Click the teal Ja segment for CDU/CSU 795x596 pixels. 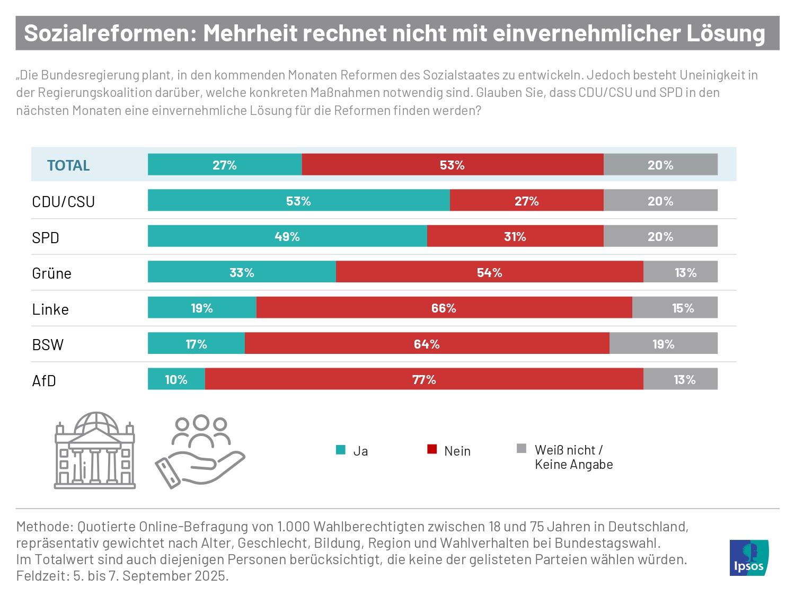pyautogui.click(x=298, y=200)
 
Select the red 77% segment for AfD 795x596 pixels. pyautogui.click(x=424, y=379)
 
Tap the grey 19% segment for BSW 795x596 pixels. pyautogui.click(x=663, y=343)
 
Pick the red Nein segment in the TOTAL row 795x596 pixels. pyautogui.click(x=452, y=165)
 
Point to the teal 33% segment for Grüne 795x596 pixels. pyautogui.click(x=242, y=272)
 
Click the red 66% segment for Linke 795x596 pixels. pyautogui.click(x=444, y=308)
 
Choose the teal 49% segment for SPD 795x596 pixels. pyautogui.click(x=287, y=236)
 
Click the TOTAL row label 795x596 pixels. pyautogui.click(x=68, y=165)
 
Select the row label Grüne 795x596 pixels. pyautogui.click(x=51, y=273)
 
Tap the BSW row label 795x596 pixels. pyautogui.click(x=48, y=345)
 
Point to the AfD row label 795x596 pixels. pyautogui.click(x=44, y=380)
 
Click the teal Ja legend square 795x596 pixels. pyautogui.click(x=341, y=450)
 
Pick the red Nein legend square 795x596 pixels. pyautogui.click(x=432, y=449)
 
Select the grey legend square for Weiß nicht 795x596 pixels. pyautogui.click(x=522, y=449)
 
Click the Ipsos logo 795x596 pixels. pyautogui.click(x=748, y=558)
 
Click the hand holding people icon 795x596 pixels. pyautogui.click(x=200, y=451)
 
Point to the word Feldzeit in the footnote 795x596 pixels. pyautogui.click(x=42, y=576)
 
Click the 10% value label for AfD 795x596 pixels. pyautogui.click(x=176, y=379)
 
